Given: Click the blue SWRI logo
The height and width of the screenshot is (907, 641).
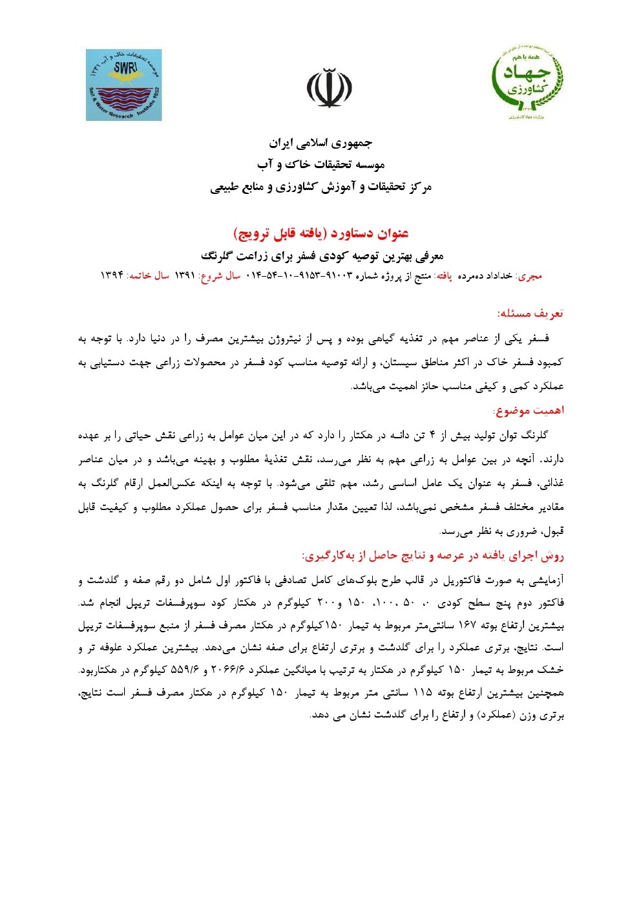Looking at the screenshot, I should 123,85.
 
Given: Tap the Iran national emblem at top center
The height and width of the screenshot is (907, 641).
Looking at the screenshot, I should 329,88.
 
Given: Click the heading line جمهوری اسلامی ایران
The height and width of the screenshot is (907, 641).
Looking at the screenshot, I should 320,143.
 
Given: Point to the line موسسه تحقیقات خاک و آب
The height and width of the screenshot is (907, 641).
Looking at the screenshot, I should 320,165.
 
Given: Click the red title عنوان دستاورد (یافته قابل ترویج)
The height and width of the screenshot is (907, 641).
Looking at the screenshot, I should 320,233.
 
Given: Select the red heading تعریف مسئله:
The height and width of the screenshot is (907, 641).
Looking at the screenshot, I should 531,314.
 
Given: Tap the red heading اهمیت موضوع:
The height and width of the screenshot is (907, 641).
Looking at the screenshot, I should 529,411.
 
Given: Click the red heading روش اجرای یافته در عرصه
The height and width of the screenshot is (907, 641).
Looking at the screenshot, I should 433,555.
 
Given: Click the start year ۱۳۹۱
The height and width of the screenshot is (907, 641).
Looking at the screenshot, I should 185,275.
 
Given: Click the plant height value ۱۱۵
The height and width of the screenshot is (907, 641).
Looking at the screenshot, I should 422,693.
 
